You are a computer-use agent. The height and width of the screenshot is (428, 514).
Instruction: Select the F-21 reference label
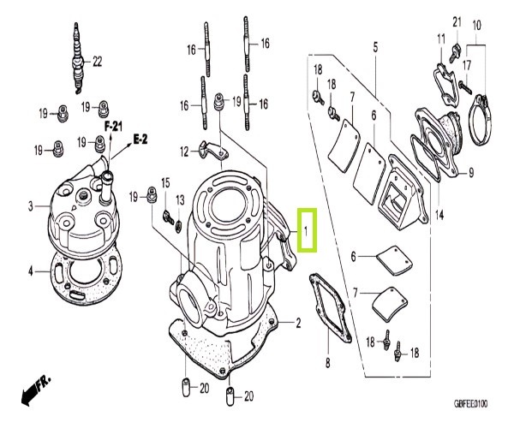(x=114, y=125)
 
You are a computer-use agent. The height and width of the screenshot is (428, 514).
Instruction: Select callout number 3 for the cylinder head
(x=30, y=206)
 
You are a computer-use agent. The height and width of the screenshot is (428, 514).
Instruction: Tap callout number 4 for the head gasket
(x=30, y=272)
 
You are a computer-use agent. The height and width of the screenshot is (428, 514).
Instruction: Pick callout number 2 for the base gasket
(x=298, y=323)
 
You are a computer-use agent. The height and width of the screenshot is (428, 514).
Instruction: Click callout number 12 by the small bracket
(x=183, y=151)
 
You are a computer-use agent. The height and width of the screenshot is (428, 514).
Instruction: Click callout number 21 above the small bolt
(x=457, y=21)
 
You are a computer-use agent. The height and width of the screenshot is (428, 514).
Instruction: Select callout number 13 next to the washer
(x=180, y=199)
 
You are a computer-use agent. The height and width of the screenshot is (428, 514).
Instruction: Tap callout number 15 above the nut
(x=166, y=182)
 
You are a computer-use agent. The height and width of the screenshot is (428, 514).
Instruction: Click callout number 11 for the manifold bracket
(x=441, y=39)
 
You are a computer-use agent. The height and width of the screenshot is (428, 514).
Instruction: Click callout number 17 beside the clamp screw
(x=466, y=64)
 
